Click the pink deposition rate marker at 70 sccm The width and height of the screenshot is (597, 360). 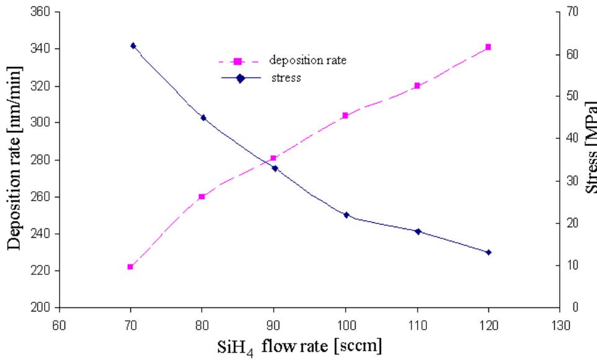coord(130,267)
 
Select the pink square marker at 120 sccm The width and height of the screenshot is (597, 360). coord(488,47)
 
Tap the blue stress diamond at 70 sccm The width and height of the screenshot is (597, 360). coord(133,46)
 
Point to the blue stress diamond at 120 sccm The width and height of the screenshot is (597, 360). coord(488,252)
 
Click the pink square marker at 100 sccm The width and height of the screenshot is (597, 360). coord(345,115)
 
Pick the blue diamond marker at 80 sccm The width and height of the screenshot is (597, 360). coord(204,117)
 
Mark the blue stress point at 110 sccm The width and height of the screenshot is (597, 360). coord(418,232)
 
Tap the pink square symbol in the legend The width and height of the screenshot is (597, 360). coord(236,61)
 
